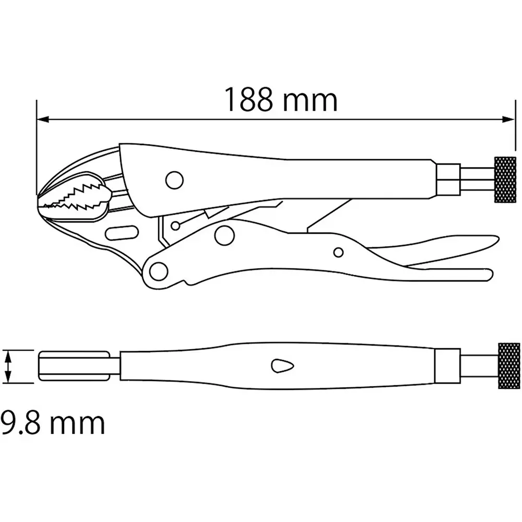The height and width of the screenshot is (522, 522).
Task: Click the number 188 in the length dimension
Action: pyautogui.click(x=248, y=100)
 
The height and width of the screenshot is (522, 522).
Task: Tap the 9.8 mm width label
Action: pyautogui.click(x=52, y=423)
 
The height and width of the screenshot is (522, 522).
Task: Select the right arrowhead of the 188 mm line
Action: pyautogui.click(x=509, y=120)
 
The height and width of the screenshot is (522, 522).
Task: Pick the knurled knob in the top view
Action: pyautogui.click(x=509, y=366)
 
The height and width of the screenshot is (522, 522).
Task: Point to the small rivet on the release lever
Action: pyautogui.click(x=338, y=253)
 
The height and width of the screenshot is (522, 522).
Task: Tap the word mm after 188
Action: pyautogui.click(x=310, y=100)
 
